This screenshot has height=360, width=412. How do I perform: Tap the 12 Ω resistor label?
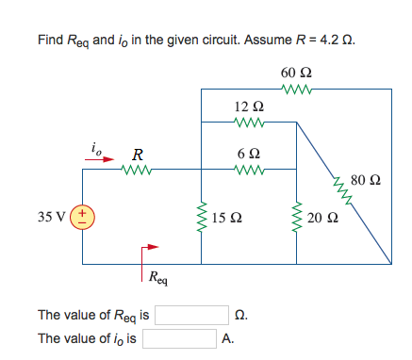(x=246, y=106)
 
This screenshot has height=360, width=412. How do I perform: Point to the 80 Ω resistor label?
(x=366, y=178)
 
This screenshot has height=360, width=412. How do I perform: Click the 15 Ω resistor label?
(x=226, y=219)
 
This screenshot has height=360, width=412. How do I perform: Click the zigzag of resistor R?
(x=138, y=171)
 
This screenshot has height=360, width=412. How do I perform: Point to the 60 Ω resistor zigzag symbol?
(x=295, y=90)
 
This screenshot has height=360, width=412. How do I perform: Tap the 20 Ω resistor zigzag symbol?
(x=297, y=218)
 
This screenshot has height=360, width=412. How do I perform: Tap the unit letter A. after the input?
(x=228, y=337)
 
